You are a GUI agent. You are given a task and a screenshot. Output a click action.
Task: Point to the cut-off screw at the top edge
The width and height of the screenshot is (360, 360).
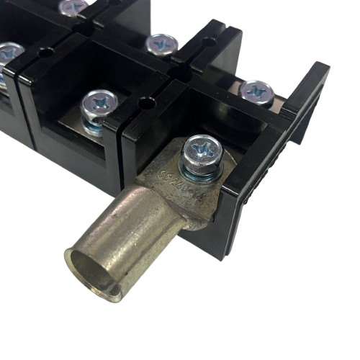coord(74,6)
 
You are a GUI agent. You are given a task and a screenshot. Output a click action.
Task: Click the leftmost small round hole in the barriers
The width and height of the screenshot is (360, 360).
coord(47,53)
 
